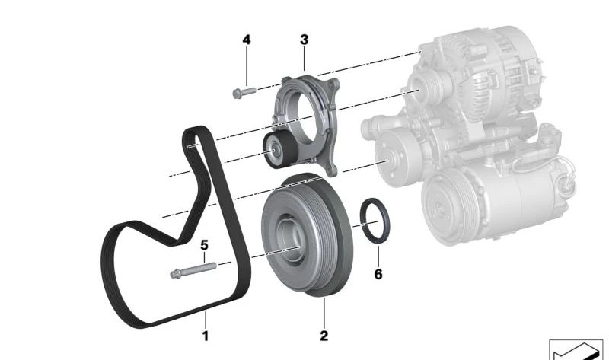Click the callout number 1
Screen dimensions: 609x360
coord(206,336)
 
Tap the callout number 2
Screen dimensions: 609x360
coord(324,336)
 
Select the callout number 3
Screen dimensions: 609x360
coord(304,40)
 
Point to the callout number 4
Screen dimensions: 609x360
coord(247,40)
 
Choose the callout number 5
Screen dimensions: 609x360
coord(204,245)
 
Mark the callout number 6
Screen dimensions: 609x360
coord(378,274)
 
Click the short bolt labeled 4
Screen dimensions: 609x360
coord(244,93)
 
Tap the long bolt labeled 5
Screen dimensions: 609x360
coord(193,270)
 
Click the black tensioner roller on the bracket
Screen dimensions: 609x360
coord(279,149)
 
